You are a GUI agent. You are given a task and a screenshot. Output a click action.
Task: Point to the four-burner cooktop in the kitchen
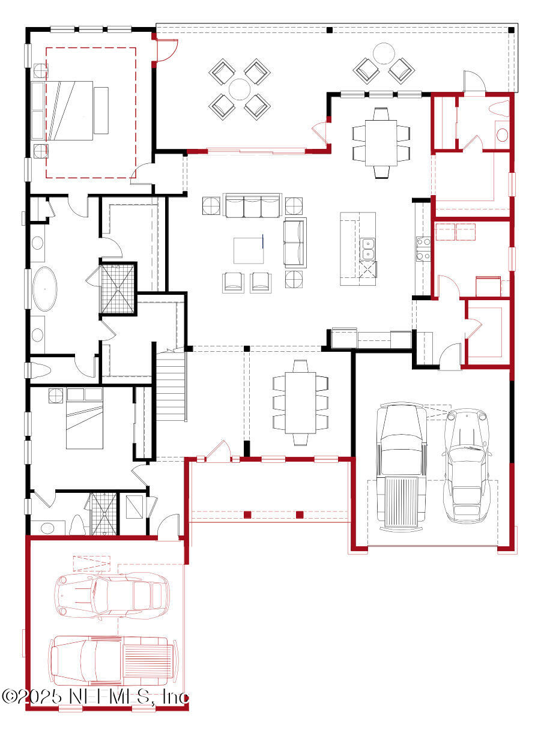tap(423, 249)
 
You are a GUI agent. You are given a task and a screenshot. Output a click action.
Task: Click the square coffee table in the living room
tap(249, 250)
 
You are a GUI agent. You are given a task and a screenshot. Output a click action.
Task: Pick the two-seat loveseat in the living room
tap(294, 243)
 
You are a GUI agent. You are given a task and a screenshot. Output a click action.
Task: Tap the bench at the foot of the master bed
tap(101, 110)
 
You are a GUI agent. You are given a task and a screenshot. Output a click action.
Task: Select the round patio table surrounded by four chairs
tap(239, 89)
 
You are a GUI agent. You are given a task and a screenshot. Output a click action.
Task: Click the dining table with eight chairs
tap(300, 402)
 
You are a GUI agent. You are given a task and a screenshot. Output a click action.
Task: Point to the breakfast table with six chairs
tap(381, 142)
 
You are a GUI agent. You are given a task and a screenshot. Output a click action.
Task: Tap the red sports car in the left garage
tap(112, 595)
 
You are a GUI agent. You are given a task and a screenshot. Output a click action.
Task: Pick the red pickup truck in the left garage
tap(112, 660)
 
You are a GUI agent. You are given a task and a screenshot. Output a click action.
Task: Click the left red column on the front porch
tap(247, 514)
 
